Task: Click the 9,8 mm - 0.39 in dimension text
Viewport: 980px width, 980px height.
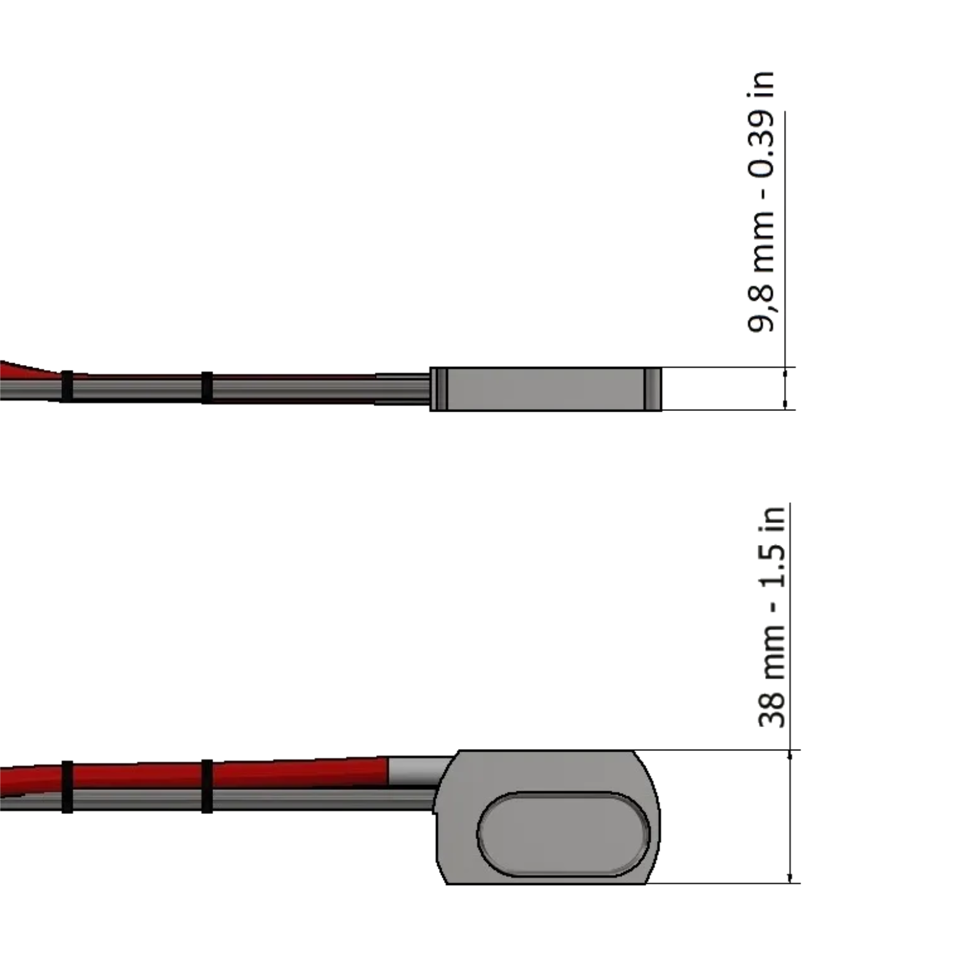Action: (x=761, y=202)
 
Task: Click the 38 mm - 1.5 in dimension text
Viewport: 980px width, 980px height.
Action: (x=772, y=617)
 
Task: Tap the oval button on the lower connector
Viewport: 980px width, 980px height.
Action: (x=563, y=834)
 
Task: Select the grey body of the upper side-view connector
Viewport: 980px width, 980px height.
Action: (x=546, y=389)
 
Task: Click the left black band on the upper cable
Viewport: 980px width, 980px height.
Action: (x=67, y=386)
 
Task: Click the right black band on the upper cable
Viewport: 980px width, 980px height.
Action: (x=207, y=387)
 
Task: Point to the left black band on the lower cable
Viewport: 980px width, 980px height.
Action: (x=67, y=787)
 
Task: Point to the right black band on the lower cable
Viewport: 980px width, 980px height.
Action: (x=207, y=786)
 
